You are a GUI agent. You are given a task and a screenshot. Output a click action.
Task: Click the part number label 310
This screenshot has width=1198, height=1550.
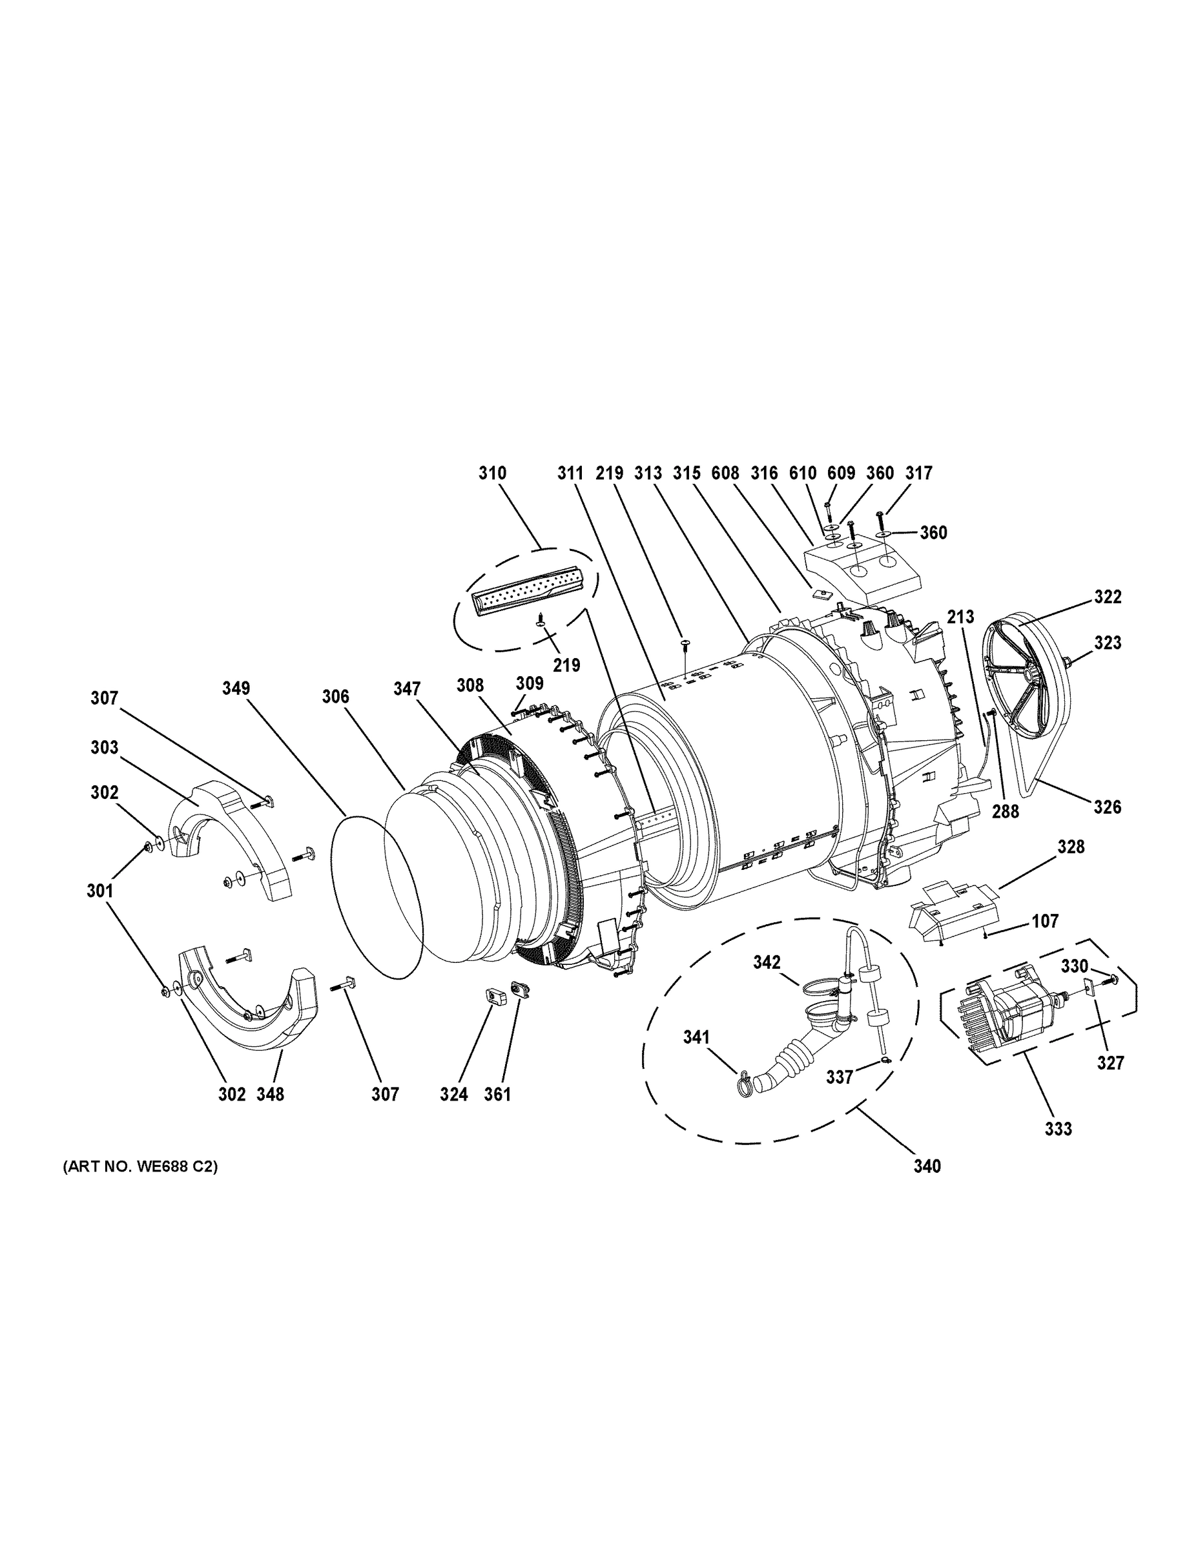tap(492, 473)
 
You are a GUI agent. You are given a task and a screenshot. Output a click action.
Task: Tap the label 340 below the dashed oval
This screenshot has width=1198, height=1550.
tap(927, 1166)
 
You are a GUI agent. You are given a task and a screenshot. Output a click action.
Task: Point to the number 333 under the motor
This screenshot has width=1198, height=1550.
tap(1059, 1128)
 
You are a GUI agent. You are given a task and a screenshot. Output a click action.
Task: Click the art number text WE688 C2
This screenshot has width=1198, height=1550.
tap(139, 1166)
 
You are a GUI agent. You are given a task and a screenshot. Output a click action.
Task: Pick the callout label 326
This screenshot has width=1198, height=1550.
tap(1107, 807)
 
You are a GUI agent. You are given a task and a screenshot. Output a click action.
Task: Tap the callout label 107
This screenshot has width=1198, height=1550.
tap(1045, 921)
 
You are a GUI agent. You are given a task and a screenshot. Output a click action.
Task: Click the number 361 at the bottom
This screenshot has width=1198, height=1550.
tap(497, 1095)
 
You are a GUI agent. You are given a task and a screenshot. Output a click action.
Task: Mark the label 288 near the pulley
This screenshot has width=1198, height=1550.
tap(1005, 811)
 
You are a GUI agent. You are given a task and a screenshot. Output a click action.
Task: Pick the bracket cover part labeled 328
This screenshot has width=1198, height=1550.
tap(955, 912)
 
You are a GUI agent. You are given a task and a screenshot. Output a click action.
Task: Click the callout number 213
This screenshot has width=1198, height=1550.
tap(960, 617)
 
